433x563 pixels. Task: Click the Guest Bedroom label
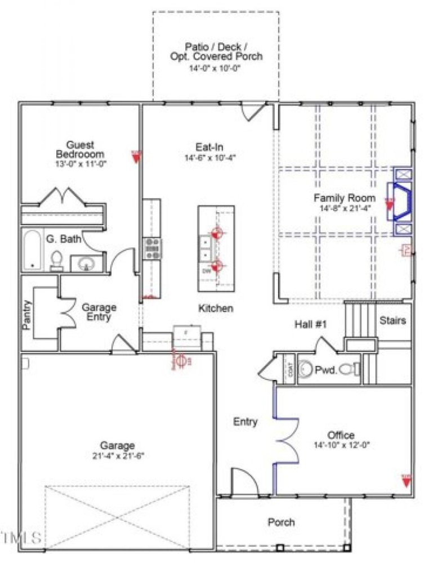80,149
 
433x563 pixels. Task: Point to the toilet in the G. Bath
56,259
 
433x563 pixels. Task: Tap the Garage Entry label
99,312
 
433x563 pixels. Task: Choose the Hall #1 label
311,324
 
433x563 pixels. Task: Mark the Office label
341,435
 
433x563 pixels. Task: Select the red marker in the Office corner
406,480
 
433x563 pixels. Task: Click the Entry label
245,422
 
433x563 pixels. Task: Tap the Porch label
281,522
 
